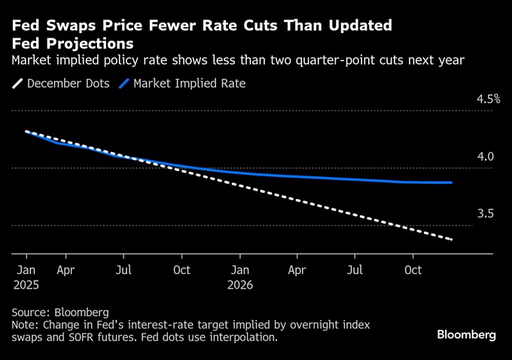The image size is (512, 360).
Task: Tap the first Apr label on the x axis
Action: [66, 269]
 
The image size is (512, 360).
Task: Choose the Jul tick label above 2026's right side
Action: [355, 269]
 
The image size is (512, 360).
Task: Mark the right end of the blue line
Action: [452, 182]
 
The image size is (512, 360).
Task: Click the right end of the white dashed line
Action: [452, 239]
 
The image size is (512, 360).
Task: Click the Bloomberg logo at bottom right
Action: [466, 334]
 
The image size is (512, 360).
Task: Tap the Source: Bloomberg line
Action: [60, 312]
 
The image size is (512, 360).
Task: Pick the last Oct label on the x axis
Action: [413, 269]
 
